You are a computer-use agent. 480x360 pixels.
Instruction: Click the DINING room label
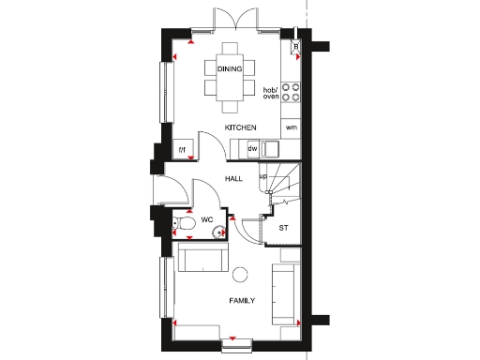tap(230, 69)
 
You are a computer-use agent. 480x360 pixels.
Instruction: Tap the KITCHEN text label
tap(240, 127)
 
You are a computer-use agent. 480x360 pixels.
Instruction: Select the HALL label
tap(235, 176)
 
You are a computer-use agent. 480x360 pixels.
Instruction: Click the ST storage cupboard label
tap(283, 227)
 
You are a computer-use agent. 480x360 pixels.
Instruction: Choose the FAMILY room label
tap(244, 301)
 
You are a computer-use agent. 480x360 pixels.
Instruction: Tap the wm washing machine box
tap(291, 127)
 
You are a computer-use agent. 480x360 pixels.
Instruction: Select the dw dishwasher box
tap(252, 149)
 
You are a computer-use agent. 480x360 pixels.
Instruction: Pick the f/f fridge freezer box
tap(183, 149)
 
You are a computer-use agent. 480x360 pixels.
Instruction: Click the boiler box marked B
tap(296, 46)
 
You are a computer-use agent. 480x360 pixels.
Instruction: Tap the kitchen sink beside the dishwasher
tap(271, 148)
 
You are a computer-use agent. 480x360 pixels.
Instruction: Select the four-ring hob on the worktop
tap(292, 90)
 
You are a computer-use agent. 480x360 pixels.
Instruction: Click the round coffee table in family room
tap(240, 274)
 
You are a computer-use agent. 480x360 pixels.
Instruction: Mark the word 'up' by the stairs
tap(263, 175)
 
